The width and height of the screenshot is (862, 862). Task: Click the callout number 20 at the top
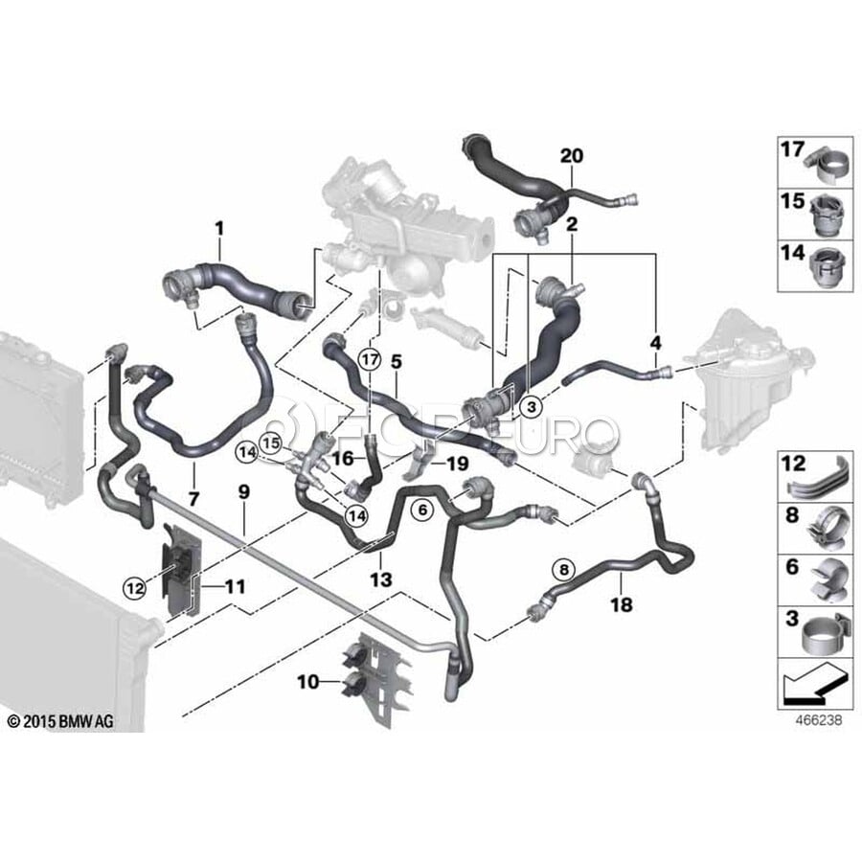click(x=572, y=156)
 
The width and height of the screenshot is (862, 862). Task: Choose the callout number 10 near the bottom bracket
click(x=307, y=683)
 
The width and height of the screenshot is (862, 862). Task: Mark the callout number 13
click(x=381, y=578)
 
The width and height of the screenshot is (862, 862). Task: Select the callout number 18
click(x=621, y=605)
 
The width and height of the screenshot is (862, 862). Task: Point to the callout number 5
click(x=396, y=362)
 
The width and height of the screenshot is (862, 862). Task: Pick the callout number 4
click(x=656, y=342)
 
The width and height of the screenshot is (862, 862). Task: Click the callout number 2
click(x=572, y=227)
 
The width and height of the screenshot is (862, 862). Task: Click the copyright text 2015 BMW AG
click(x=59, y=720)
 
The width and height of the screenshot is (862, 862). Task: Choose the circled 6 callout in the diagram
click(x=419, y=511)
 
